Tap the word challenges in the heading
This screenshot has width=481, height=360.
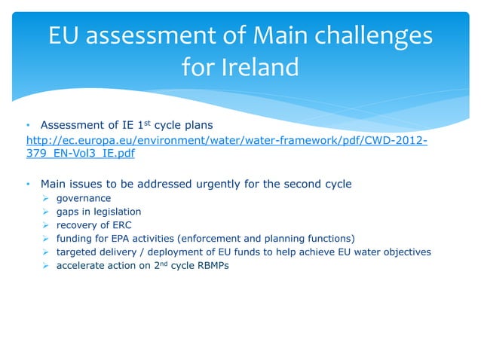pyautogui.click(x=368, y=35)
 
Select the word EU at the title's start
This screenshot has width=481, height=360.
pyautogui.click(x=66, y=35)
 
